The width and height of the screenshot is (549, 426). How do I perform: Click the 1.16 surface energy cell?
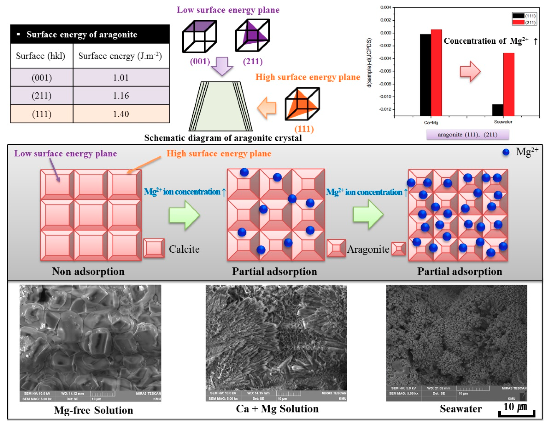pyautogui.click(x=121, y=96)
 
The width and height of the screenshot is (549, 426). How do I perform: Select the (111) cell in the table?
pyautogui.click(x=42, y=114)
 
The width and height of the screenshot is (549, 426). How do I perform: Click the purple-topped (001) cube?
pyautogui.click(x=199, y=36)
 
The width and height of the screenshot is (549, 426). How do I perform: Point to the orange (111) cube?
pyautogui.click(x=302, y=104)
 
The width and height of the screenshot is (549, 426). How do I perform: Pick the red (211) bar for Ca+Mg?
pyautogui.click(x=436, y=73)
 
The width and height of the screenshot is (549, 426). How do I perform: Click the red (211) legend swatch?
pyautogui.click(x=518, y=23)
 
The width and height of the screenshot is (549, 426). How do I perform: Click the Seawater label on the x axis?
pyautogui.click(x=503, y=122)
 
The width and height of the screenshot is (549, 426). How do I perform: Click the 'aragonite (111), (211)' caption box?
pyautogui.click(x=468, y=135)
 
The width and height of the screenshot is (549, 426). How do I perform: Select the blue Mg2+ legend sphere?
pyautogui.click(x=506, y=152)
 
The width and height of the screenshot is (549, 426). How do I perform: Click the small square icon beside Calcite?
pyautogui.click(x=154, y=248)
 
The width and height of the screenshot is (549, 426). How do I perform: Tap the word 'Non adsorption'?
pyautogui.click(x=88, y=271)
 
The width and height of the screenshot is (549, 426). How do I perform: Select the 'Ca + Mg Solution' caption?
pyautogui.click(x=277, y=409)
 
